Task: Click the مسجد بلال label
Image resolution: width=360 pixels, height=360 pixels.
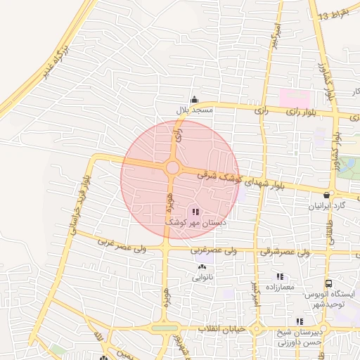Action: coord(194,110)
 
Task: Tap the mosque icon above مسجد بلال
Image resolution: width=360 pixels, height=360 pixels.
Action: coord(195,99)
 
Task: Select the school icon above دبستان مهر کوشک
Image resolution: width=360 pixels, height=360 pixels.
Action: coord(195,211)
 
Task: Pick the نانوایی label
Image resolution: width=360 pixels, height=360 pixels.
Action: coord(202,277)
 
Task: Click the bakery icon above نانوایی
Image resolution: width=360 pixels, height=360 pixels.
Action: coord(202,266)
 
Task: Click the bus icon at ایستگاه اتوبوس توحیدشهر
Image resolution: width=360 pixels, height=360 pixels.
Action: coord(329,283)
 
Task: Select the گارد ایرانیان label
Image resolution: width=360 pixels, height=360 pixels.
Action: coord(328,206)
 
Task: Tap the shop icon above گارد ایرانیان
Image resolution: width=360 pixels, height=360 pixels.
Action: coord(327,195)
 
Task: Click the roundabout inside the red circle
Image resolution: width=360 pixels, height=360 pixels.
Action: coord(172,167)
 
